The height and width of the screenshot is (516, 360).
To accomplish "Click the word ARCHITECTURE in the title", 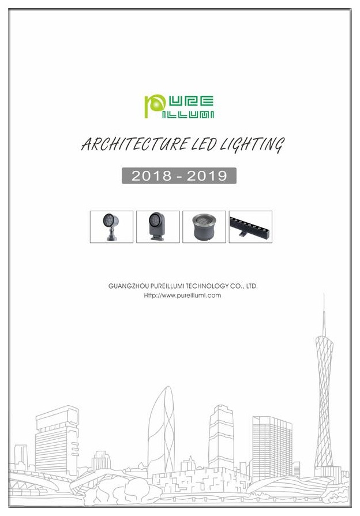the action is pos(135,144).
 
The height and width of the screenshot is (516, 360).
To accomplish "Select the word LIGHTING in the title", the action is pos(252,145).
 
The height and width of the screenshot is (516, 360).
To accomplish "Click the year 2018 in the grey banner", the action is pos(152,175).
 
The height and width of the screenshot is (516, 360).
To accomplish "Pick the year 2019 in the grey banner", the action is pos(207,175).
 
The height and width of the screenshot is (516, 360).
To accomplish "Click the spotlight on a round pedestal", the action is pos(111,227).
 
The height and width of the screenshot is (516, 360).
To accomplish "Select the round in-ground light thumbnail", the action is pos(204,227).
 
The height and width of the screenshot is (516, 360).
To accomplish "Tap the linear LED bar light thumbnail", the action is pos(250,227).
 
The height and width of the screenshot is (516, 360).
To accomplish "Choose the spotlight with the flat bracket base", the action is pos(157,226).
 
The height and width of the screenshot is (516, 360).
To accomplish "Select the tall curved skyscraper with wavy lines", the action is pos(161,431).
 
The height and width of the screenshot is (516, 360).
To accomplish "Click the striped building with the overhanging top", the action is pos(57,441).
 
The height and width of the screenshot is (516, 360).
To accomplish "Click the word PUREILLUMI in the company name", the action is pos(168,286).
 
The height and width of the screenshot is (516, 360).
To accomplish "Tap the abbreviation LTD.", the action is pos(252,286).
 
